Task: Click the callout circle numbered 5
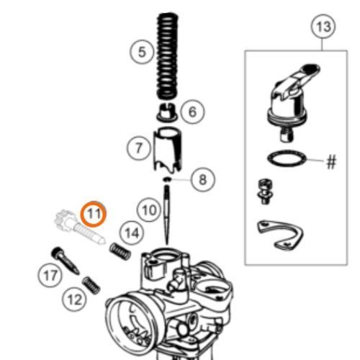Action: click(x=142, y=52)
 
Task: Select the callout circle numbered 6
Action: click(x=193, y=112)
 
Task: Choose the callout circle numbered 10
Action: click(x=148, y=211)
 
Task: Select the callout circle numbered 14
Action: click(x=130, y=232)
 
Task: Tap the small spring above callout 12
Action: click(x=92, y=283)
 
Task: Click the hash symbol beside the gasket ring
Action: click(x=331, y=162)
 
